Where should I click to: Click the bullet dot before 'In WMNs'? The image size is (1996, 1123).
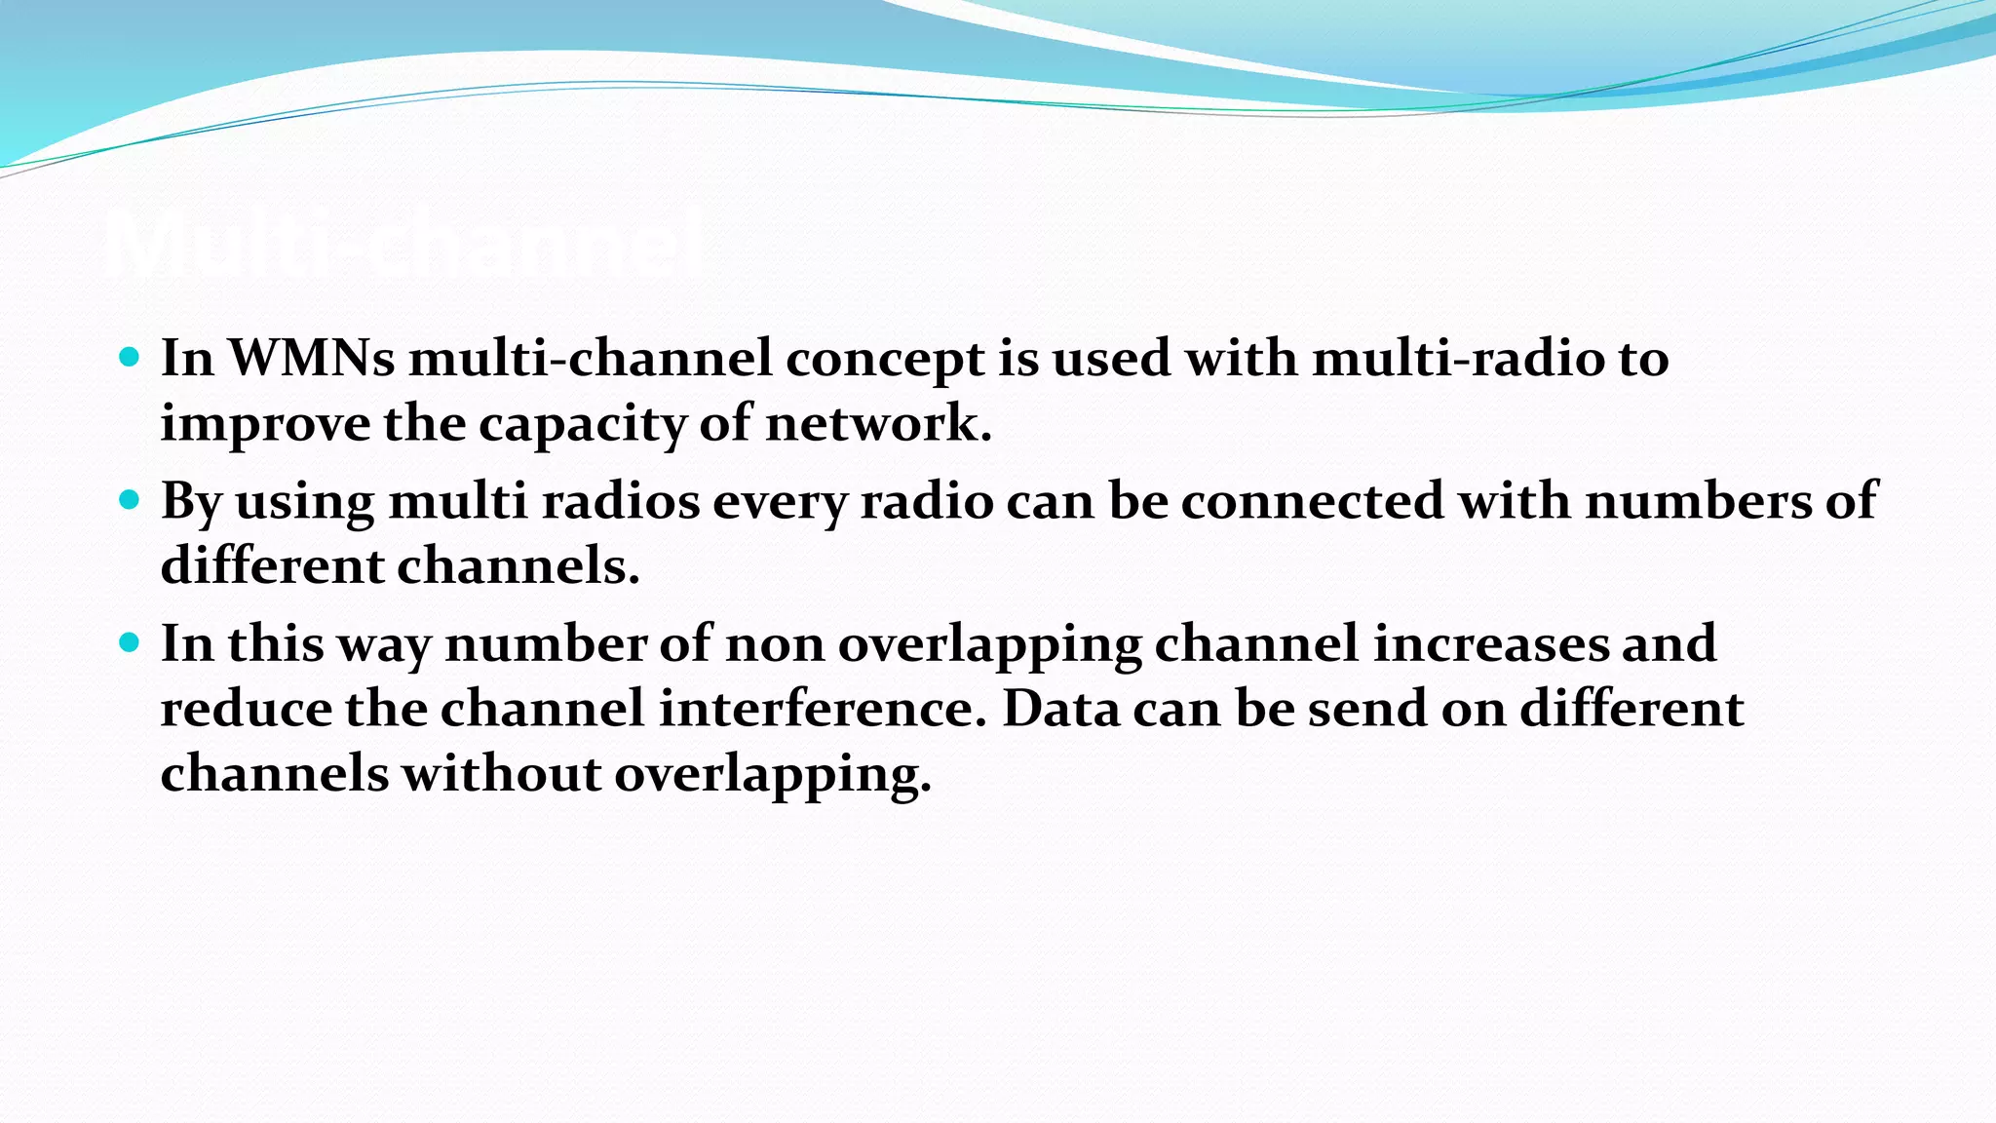129,357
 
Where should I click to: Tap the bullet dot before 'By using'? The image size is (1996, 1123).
129,500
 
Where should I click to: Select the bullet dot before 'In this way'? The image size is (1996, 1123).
129,642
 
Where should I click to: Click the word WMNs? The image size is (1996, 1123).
311,358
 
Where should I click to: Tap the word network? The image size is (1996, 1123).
877,423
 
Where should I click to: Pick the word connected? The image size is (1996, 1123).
1312,501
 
